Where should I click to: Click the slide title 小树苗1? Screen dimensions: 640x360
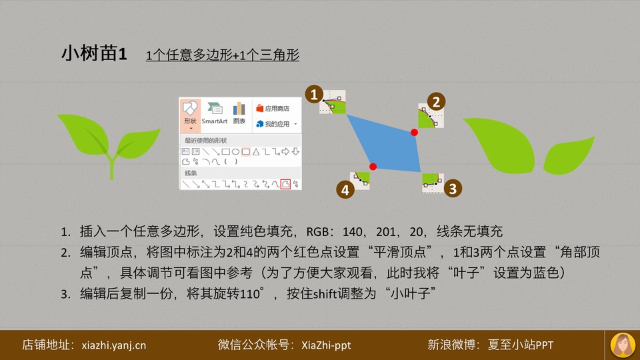tap(94, 53)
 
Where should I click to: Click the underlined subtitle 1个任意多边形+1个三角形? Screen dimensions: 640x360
tap(223, 55)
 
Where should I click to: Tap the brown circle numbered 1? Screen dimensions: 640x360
tap(314, 94)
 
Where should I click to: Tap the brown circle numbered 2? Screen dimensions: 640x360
tap(436, 101)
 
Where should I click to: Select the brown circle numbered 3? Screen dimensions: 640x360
tap(453, 189)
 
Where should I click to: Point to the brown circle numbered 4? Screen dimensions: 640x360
tap(345, 190)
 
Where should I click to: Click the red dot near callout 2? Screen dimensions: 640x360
tap(414, 132)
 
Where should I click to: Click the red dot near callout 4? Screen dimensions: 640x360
tap(373, 167)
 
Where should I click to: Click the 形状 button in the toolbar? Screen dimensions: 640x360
tap(190, 115)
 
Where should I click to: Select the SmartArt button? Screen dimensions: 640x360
tap(214, 113)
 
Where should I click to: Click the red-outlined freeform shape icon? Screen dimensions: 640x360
tap(285, 184)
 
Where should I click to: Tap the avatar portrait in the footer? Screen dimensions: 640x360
tap(623, 345)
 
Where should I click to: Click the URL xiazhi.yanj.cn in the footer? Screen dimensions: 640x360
tap(113, 345)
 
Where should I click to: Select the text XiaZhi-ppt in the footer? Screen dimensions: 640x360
tap(326, 345)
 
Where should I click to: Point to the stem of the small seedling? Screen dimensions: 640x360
tap(111, 167)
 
